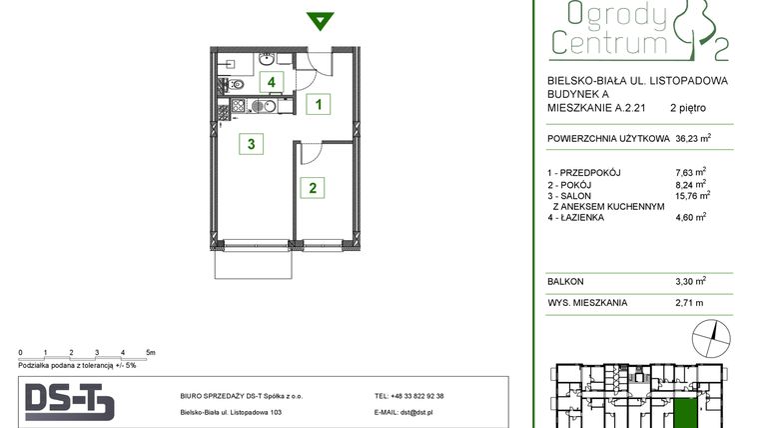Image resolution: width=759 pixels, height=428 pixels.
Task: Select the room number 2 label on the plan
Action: pos(313,187)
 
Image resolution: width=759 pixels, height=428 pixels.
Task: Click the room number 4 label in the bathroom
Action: pos(270,82)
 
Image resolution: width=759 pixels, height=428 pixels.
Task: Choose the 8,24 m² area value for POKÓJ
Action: pos(691,184)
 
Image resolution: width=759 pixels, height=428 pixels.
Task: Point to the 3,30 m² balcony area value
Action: pos(690,282)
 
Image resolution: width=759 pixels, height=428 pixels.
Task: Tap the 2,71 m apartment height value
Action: pos(689,302)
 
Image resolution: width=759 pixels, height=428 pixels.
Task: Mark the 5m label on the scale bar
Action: pos(150,353)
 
